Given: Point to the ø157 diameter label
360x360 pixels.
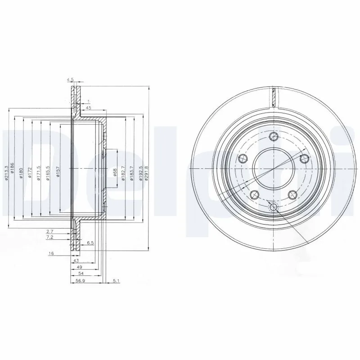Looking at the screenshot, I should point(58,172).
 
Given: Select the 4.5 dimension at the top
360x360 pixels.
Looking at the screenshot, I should point(70,80).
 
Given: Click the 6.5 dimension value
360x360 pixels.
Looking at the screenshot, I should point(90,243).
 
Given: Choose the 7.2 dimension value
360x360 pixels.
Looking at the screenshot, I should point(51,237).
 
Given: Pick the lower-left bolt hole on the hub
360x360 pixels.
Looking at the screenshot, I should point(255,194).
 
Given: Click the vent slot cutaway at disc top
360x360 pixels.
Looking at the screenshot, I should point(273,97).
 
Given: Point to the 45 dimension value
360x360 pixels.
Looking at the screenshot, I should point(89,108).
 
